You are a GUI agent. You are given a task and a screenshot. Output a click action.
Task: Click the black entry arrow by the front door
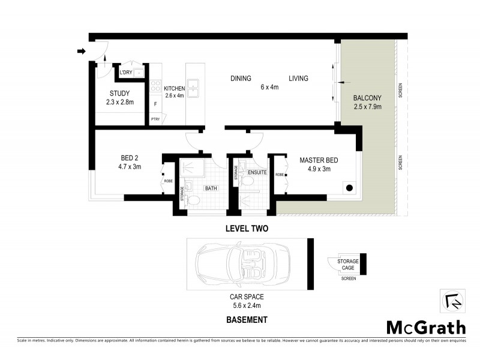[x=82, y=52]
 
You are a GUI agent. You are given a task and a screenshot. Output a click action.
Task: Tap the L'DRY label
[x=125, y=73]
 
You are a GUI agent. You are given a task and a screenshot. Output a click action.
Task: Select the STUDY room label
[x=120, y=94]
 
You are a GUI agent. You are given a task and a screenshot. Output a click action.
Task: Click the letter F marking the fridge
[x=156, y=104]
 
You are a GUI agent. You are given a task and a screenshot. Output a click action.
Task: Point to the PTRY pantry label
[x=155, y=119]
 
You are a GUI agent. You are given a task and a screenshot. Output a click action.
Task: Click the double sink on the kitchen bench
[x=193, y=88]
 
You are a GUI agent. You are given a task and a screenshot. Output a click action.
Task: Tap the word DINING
[x=241, y=79]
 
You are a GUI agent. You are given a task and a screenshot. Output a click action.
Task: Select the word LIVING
[x=298, y=79]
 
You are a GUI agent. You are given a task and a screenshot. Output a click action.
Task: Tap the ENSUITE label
[x=257, y=172]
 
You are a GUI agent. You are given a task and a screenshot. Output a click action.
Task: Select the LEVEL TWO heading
[x=246, y=229]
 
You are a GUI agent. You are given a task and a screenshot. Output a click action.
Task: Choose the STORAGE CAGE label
[x=348, y=265]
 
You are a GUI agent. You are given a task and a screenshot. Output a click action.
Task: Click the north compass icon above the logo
[x=451, y=302]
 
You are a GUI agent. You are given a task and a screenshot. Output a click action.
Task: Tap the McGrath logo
[x=425, y=327]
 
